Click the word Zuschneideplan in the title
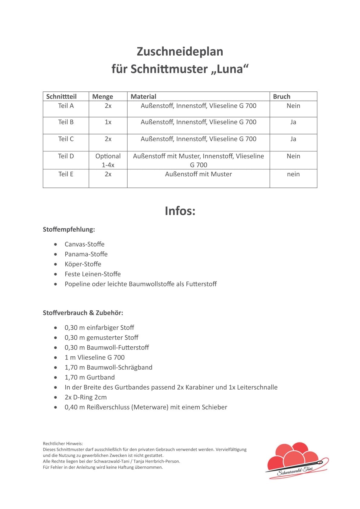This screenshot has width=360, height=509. click(x=180, y=51)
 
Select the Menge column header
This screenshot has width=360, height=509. click(x=103, y=96)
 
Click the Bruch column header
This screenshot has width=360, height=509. click(x=282, y=96)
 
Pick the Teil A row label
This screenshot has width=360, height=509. click(x=66, y=106)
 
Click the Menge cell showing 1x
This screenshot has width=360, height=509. click(x=108, y=122)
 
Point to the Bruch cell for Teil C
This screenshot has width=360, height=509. click(x=293, y=139)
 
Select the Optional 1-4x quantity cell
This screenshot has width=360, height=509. click(x=108, y=160)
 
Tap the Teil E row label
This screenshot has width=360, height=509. click(x=66, y=174)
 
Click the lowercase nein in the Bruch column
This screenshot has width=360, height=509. click(x=293, y=174)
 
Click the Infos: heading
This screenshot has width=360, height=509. click(x=180, y=211)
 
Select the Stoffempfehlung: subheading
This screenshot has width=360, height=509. click(x=69, y=230)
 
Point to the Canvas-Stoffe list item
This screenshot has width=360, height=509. click(x=84, y=244)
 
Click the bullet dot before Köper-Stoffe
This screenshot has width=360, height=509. click(x=55, y=264)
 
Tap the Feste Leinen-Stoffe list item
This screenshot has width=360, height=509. click(x=93, y=274)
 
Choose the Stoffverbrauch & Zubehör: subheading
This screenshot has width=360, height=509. click(x=83, y=313)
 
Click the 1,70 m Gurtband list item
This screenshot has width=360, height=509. click(x=90, y=377)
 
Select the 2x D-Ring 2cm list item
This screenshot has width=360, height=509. click(x=86, y=397)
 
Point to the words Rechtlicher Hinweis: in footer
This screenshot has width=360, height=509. click(x=63, y=444)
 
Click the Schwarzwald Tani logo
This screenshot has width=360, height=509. click(x=296, y=461)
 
